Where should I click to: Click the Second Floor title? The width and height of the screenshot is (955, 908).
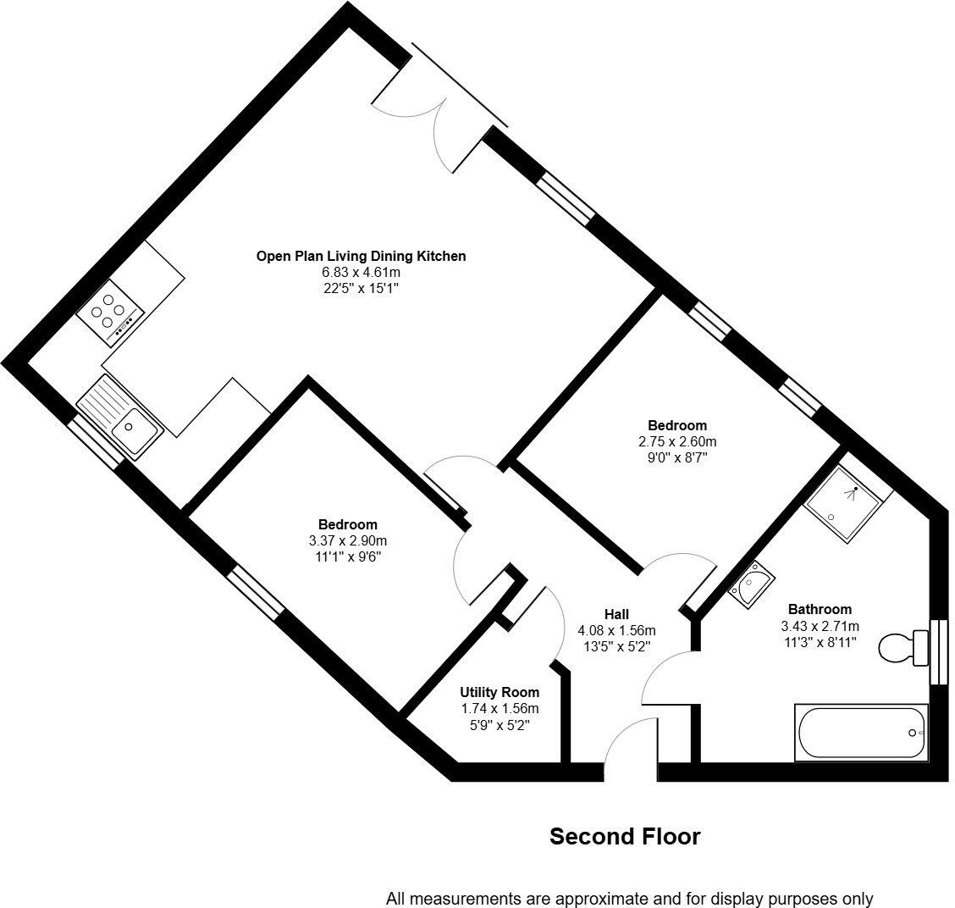(625, 836)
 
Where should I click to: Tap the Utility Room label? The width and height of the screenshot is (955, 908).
(500, 692)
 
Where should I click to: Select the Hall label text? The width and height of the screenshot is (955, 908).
(616, 614)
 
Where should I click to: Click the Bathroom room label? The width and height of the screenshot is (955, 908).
(820, 609)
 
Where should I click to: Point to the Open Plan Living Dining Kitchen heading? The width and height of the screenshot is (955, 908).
(362, 256)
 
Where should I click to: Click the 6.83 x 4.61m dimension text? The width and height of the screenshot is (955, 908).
(362, 273)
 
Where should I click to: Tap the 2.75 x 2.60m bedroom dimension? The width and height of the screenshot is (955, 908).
(677, 441)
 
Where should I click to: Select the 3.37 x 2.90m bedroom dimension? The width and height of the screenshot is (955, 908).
(348, 540)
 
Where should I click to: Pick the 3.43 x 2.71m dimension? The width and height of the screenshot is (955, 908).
(820, 626)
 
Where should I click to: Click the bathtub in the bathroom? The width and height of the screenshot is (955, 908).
(861, 733)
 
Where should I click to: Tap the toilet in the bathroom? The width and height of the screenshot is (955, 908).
(904, 648)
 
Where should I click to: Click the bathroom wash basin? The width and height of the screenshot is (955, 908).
(751, 584)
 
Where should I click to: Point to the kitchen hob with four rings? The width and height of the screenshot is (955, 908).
(110, 313)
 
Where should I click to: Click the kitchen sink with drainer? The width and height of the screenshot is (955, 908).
(120, 417)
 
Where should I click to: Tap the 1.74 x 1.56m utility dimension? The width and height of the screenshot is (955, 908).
(500, 709)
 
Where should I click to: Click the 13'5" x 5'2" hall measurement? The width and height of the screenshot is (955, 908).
(617, 646)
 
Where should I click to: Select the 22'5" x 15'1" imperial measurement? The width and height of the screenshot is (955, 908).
(362, 288)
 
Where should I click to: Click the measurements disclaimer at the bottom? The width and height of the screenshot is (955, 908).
(629, 898)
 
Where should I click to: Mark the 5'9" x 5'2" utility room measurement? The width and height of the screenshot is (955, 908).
(500, 725)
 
